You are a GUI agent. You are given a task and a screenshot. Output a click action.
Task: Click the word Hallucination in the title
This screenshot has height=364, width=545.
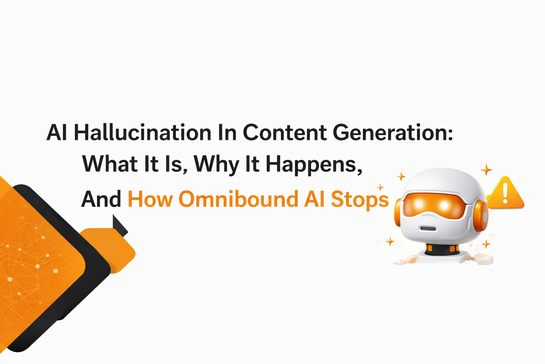143,133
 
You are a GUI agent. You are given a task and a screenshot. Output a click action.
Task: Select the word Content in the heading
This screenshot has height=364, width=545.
285,133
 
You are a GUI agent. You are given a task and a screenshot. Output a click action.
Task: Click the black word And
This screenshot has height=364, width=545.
101,199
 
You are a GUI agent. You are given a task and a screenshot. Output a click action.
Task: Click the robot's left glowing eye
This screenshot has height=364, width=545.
419,204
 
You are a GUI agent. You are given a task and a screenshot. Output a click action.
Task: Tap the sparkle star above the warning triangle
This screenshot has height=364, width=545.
486,170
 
